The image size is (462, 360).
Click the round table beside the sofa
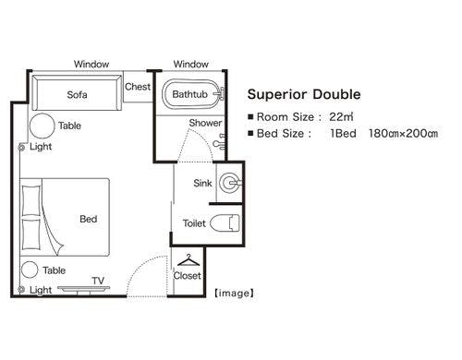(42, 126)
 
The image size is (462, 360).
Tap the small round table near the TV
(30, 270)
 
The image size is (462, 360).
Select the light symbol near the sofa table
(21, 148)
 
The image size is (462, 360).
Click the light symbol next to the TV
(21, 289)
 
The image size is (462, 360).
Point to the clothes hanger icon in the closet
(188, 260)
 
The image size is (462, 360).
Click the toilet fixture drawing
(225, 222)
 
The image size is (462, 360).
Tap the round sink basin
(230, 183)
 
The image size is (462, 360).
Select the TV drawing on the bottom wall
(83, 289)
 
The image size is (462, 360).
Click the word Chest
(138, 87)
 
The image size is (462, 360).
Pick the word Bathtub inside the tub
(189, 94)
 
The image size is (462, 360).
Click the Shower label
(205, 123)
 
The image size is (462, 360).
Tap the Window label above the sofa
(91, 64)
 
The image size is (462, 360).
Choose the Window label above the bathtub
(191, 64)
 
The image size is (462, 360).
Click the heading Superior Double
(304, 94)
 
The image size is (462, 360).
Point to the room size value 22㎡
(341, 117)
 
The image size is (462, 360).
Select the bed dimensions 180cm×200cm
(403, 134)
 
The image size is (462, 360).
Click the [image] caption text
(235, 294)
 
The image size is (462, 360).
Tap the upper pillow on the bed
(31, 200)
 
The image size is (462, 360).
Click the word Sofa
(77, 94)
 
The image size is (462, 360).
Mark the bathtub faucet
(220, 94)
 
